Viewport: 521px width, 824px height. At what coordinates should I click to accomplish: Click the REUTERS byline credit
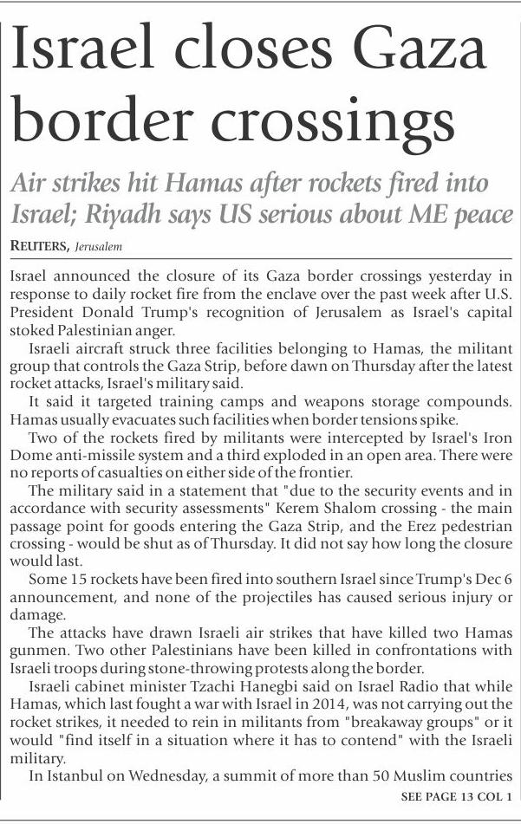pos(39,247)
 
